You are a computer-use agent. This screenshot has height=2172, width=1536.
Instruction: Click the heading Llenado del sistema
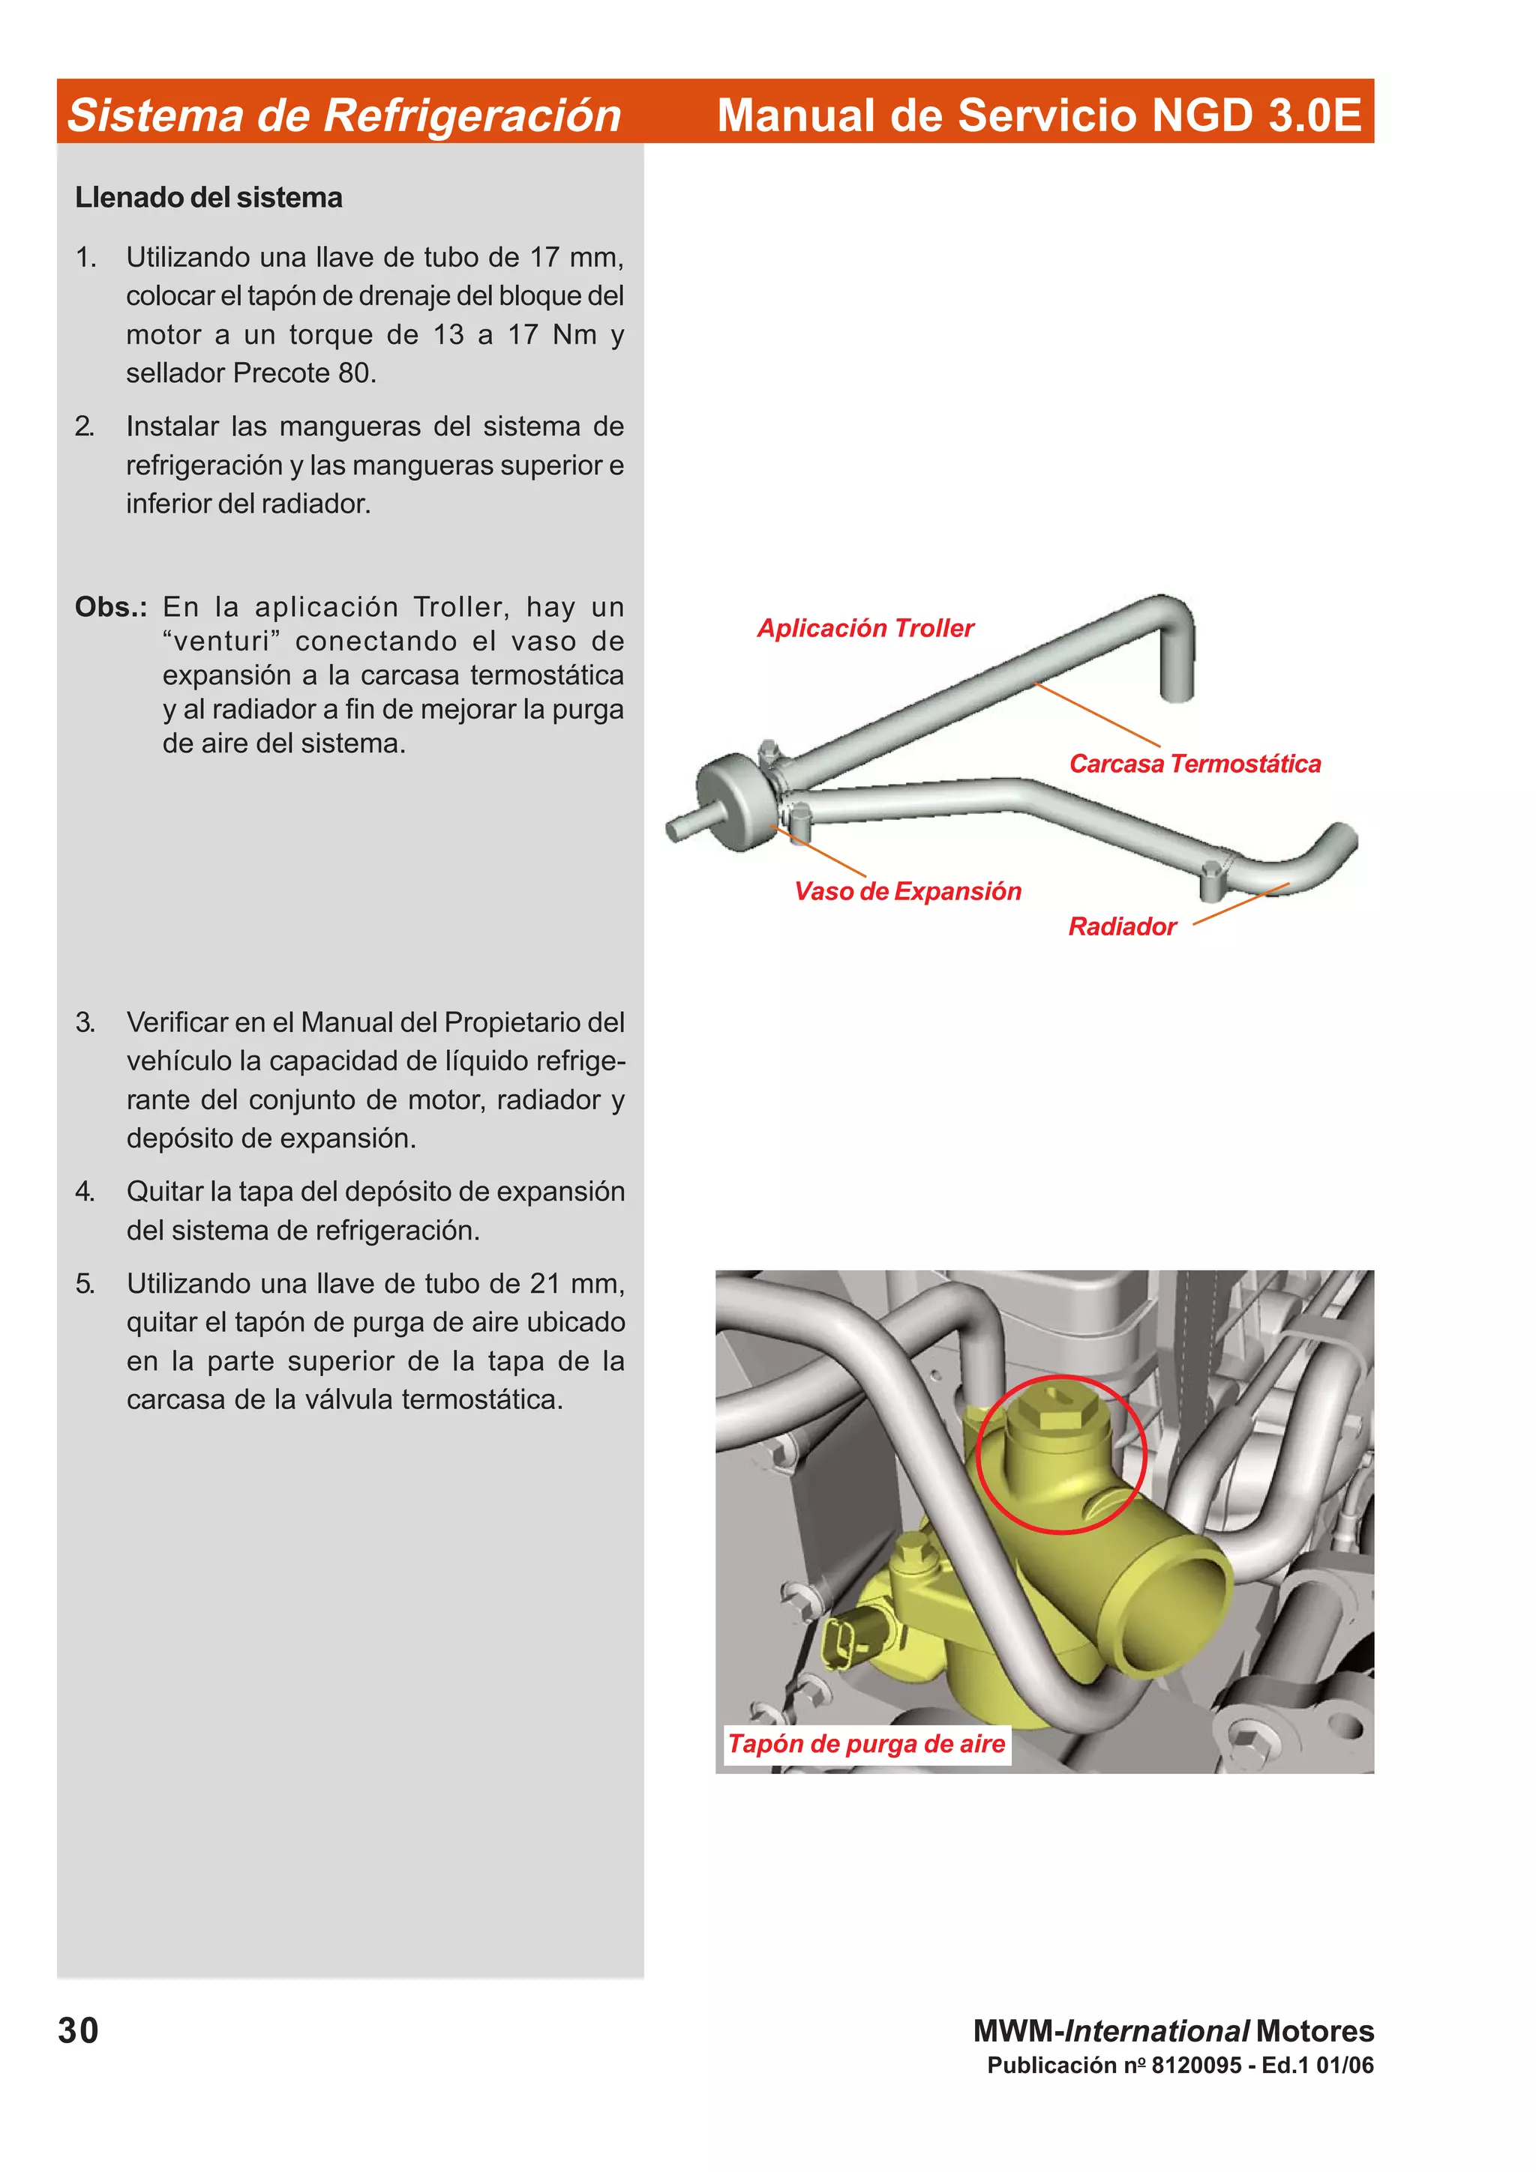pyautogui.click(x=208, y=198)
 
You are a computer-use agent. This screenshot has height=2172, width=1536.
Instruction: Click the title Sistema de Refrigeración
pyautogui.click(x=344, y=115)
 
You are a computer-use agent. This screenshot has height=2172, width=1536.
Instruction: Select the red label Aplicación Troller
pyautogui.click(x=865, y=628)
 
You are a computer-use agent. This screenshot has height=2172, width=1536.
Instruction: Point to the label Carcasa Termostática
pyautogui.click(x=1194, y=764)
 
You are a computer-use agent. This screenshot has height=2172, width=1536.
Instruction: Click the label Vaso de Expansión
pyautogui.click(x=907, y=891)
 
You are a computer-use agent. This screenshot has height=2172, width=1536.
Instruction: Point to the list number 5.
pyautogui.click(x=85, y=1284)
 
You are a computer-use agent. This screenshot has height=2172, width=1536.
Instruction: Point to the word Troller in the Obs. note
pyautogui.click(x=459, y=607)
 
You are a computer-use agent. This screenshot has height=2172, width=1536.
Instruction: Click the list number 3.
pyautogui.click(x=85, y=1022)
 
